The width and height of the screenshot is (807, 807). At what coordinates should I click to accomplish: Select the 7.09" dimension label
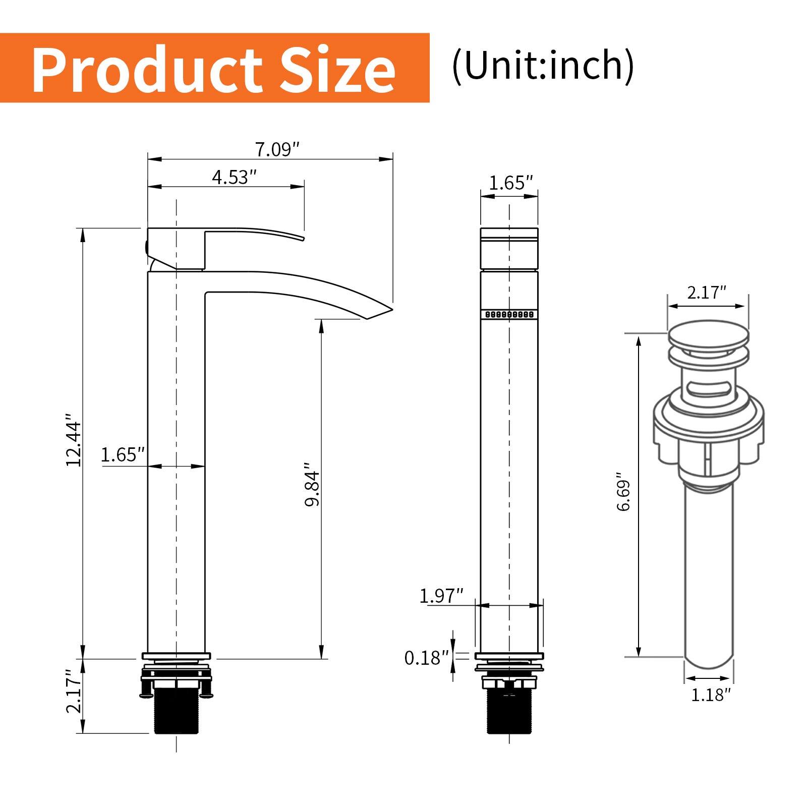pyautogui.click(x=277, y=150)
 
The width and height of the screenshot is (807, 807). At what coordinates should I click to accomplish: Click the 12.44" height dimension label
pyautogui.click(x=74, y=440)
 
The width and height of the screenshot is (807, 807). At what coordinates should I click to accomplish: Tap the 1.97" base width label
pyautogui.click(x=441, y=596)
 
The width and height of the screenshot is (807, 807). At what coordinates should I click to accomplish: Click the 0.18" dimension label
pyautogui.click(x=426, y=658)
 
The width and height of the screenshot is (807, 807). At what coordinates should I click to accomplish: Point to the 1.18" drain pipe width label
pyautogui.click(x=710, y=695)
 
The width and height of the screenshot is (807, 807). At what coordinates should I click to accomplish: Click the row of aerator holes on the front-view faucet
pyautogui.click(x=509, y=314)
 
